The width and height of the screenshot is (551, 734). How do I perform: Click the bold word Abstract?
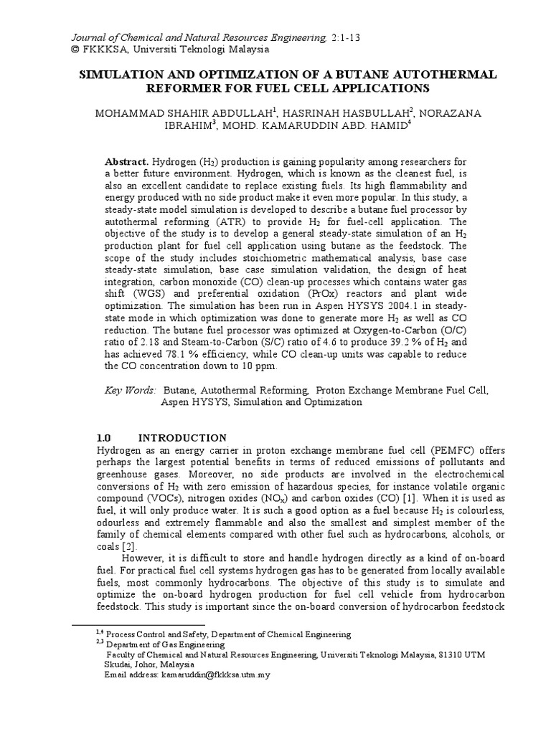tap(125, 162)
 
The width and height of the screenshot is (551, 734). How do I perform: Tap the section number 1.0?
tap(105, 437)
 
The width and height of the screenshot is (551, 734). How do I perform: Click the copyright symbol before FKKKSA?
tap(70, 49)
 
